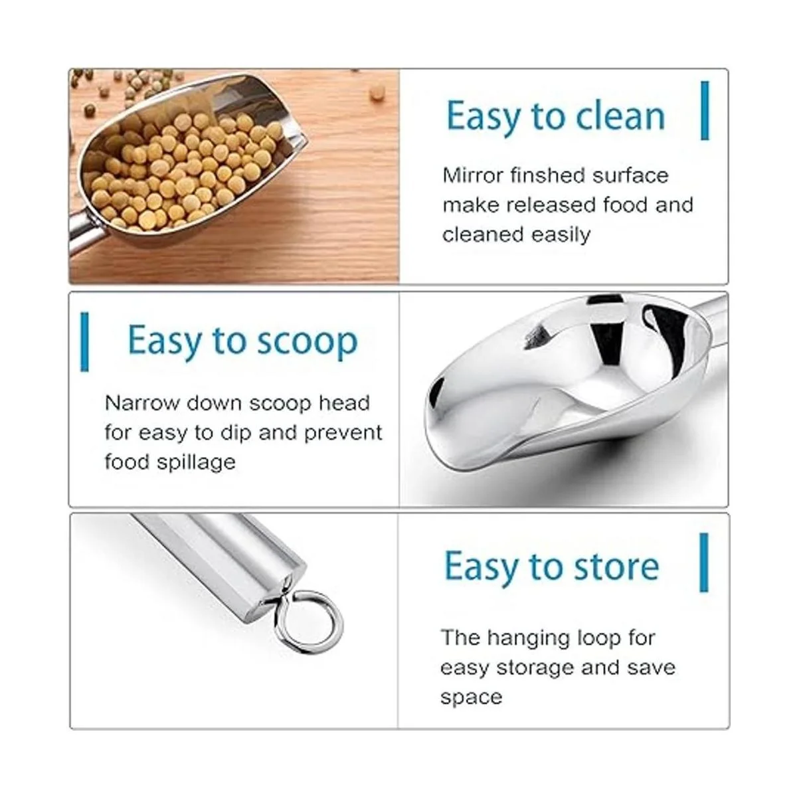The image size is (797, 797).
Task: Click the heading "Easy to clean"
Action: [x=555, y=116]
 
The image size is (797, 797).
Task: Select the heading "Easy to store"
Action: [x=551, y=567]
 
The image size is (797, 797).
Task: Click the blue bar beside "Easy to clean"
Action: [x=705, y=110]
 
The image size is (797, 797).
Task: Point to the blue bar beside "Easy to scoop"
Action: [x=84, y=342]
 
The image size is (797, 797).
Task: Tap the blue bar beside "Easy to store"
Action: [x=703, y=563]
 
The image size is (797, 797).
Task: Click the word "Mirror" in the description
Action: [x=472, y=176]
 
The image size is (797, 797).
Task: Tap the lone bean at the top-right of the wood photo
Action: [x=377, y=92]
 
